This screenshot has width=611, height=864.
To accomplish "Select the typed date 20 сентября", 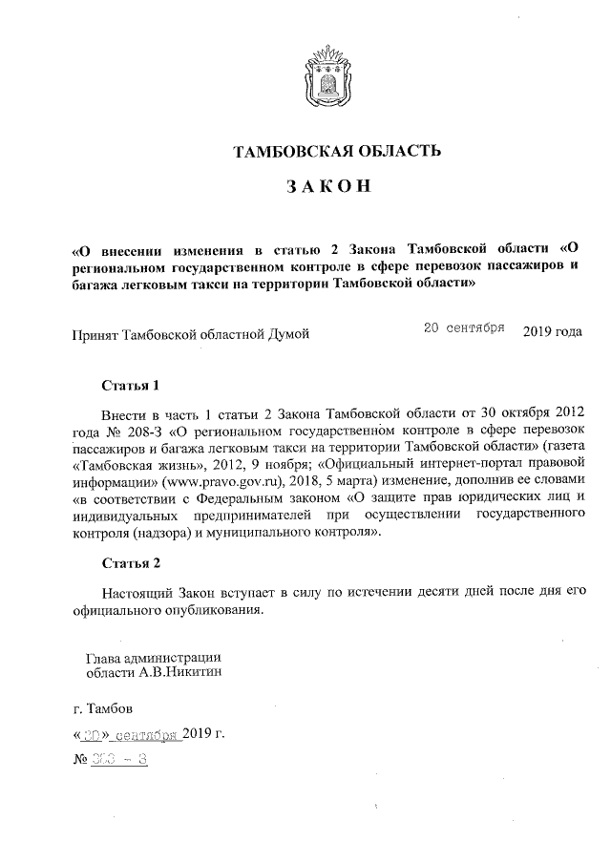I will click(x=463, y=327).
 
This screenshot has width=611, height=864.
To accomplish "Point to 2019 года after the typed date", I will click(x=552, y=331).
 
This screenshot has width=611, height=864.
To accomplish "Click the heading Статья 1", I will click(x=129, y=387).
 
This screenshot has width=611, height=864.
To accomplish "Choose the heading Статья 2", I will click(x=129, y=562).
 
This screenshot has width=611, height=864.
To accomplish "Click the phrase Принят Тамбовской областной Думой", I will click(x=191, y=333).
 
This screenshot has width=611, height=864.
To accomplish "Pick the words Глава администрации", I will click(x=154, y=657).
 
